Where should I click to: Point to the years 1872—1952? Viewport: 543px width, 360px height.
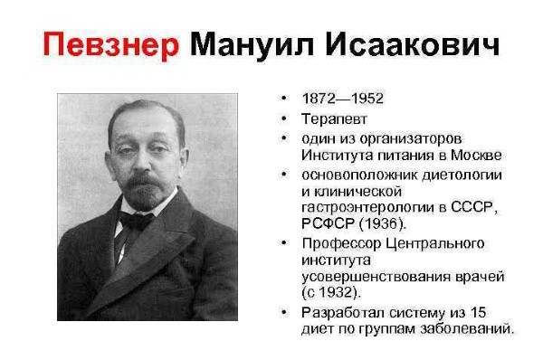(x=344, y=97)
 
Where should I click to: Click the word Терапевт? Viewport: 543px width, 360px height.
(x=336, y=118)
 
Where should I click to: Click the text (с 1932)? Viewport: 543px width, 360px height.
(x=331, y=292)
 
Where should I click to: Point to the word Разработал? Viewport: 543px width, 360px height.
(x=344, y=312)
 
